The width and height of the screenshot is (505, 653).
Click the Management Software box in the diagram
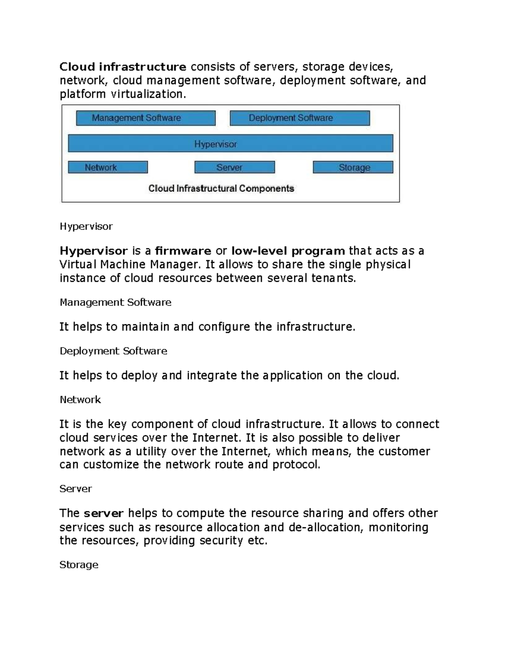pos(146,118)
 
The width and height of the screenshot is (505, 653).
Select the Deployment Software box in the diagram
pos(300,118)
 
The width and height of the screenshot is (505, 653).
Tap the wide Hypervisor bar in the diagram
pos(230,143)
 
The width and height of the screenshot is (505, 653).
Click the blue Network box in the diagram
pos(108,167)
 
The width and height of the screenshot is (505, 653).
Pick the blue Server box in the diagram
pos(234,167)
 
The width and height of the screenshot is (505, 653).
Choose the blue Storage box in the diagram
pos(353,167)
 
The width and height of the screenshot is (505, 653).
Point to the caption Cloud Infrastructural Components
pos(221,188)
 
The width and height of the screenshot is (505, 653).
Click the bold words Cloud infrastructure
pos(122,67)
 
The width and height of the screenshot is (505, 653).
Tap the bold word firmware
pos(183,251)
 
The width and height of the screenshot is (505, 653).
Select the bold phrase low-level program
pos(288,251)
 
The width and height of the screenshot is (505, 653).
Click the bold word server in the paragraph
pos(104,513)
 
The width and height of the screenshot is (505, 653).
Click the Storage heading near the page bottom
pos(79,565)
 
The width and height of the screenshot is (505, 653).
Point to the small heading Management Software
pos(115,302)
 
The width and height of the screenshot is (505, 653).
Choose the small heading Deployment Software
pos(113,351)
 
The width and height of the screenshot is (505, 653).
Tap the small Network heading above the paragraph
pos(80,399)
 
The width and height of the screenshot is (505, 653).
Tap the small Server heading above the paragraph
pos(75,489)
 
